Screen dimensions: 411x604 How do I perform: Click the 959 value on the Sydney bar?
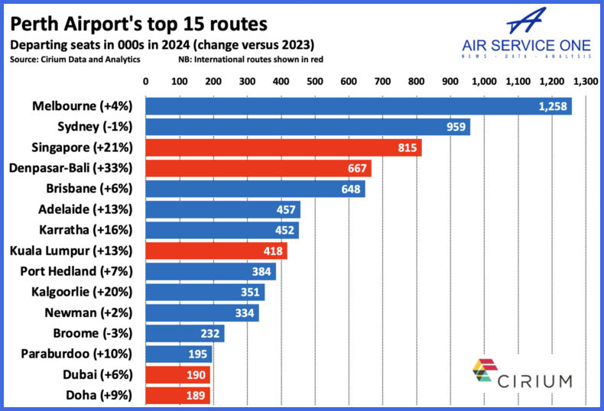click(456, 127)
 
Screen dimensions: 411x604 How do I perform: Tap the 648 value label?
click(351, 189)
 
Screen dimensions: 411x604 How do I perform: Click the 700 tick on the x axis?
click(382, 81)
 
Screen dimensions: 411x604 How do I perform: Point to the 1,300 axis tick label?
click(585, 81)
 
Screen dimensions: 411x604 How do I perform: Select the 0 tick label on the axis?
click(145, 81)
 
